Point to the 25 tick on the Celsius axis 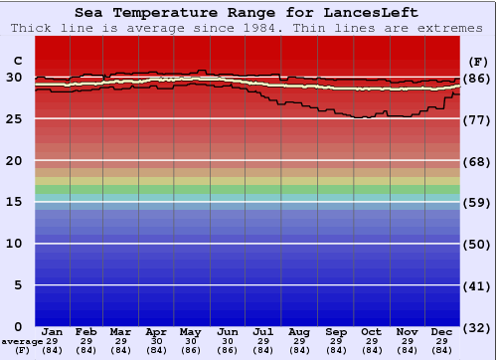click(13, 118)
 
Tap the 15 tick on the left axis click(13, 202)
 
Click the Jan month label click(53, 331)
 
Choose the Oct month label click(371, 331)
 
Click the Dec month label click(442, 331)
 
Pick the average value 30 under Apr click(156, 341)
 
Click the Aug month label click(299, 331)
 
